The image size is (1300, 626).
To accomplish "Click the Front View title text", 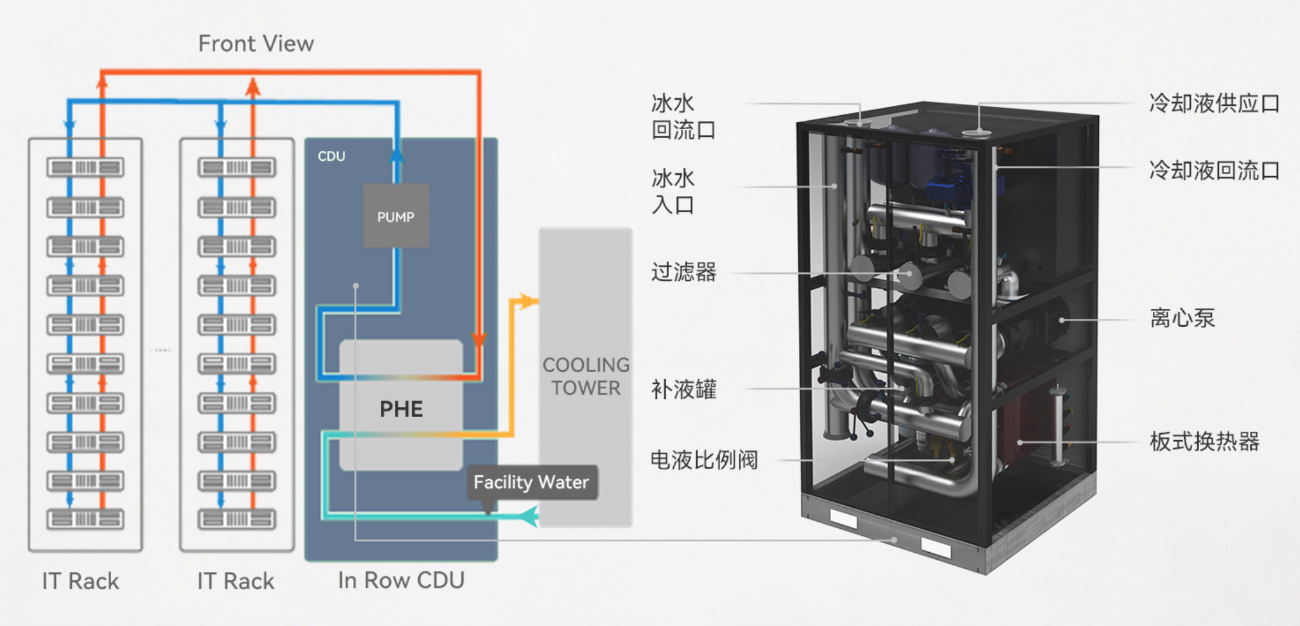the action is (256, 44).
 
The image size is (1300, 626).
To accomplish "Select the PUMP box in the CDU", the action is (396, 216).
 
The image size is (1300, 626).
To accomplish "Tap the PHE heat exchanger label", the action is (401, 409).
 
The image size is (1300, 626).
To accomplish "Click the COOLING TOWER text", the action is (586, 377).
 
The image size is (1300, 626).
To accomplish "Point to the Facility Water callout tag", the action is (531, 482).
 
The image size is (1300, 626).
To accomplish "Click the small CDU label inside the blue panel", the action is (331, 156).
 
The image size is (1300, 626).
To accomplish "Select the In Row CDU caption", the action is (401, 580).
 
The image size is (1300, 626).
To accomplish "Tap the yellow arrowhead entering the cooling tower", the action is (529, 301).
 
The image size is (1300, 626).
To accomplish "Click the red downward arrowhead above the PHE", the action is (479, 339).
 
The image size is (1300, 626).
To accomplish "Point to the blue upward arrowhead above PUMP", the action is (397, 155).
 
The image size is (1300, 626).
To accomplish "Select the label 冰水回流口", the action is (683, 116).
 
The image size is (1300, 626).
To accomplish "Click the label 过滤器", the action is (683, 272).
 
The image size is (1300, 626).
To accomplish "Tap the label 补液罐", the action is (683, 389).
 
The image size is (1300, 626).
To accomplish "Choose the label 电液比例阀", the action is (705, 460).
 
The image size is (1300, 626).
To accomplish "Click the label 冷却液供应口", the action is (1215, 103).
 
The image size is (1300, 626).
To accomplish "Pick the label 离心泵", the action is (1182, 318).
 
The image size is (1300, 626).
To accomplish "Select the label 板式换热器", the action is (1204, 442).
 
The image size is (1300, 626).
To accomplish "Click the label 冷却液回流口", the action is (1215, 170).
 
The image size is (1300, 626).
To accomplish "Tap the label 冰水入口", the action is (673, 192).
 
